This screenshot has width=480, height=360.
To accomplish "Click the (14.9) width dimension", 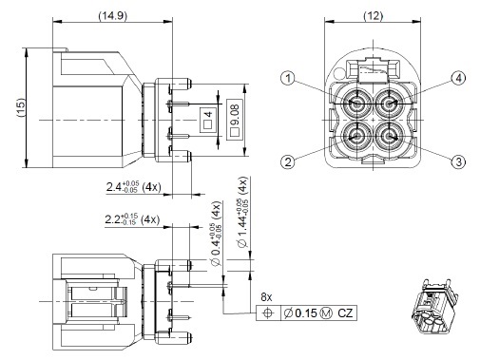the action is [x=112, y=16].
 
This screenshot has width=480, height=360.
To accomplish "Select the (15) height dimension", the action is [x=21, y=108].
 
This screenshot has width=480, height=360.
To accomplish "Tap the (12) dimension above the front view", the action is [x=373, y=16].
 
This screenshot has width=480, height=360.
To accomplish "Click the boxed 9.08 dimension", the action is [x=235, y=120].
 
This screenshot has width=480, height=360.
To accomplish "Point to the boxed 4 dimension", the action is [x=208, y=120].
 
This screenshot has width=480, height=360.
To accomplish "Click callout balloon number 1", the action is [x=288, y=78].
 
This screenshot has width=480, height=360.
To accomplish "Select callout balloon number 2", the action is [x=288, y=161].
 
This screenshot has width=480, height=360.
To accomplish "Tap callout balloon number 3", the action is [x=458, y=161].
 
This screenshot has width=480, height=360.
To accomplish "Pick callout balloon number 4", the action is [x=458, y=78].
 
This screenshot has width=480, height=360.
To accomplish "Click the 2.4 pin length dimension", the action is [x=133, y=186].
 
